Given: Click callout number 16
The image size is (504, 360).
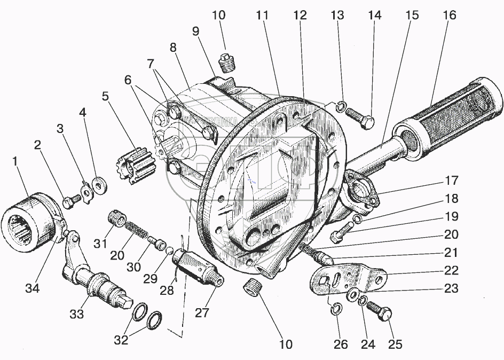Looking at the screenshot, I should [449, 15].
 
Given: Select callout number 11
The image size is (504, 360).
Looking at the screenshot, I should [262, 15].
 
